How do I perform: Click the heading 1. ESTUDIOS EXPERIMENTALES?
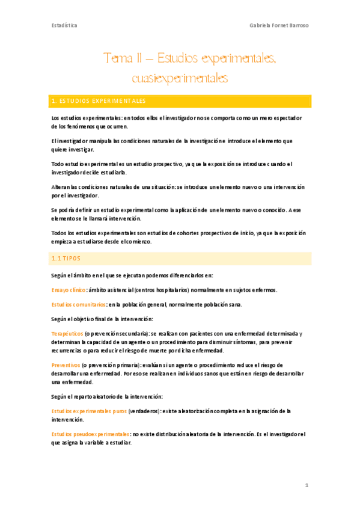(99, 101)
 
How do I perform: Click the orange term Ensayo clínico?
(69, 290)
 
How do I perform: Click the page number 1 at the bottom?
(306, 485)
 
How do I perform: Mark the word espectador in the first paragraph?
(281, 118)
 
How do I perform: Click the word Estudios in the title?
(178, 58)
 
